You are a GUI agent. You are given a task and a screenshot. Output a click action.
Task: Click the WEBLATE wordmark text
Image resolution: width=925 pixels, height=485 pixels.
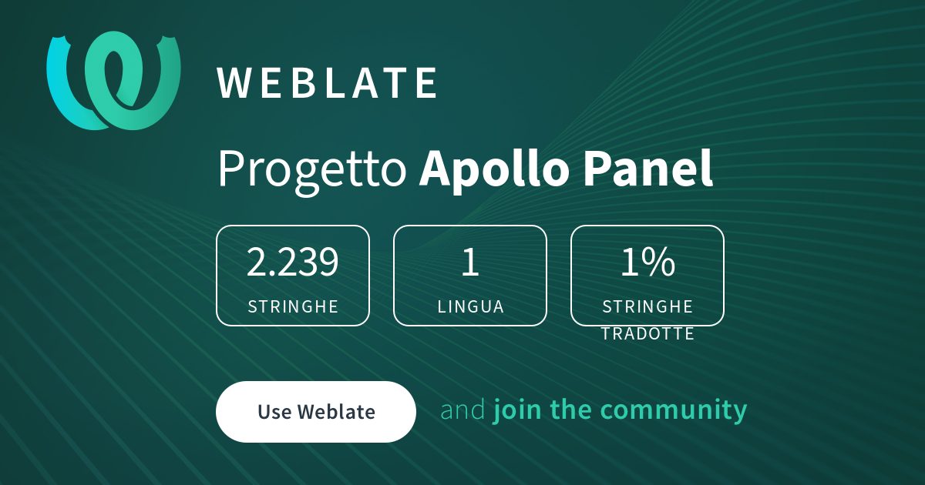pos(327,83)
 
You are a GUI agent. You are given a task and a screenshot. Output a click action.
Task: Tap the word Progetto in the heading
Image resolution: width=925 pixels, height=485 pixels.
pos(312,170)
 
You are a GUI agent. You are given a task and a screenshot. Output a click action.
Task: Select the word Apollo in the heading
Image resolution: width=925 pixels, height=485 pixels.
pos(492,170)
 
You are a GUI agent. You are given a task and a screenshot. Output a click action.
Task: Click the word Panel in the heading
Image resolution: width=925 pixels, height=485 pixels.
pos(648,168)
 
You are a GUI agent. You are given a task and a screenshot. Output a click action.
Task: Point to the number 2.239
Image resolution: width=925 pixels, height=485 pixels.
pos(292,262)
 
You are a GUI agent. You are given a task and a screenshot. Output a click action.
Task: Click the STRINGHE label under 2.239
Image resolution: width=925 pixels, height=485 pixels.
pos(293,306)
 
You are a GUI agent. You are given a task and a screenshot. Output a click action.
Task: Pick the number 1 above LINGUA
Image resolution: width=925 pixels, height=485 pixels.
pos(470,262)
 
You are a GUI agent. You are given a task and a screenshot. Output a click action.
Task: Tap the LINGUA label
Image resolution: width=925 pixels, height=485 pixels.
pos(471,306)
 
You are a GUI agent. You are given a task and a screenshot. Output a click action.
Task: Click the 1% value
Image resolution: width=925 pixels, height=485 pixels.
pos(647,262)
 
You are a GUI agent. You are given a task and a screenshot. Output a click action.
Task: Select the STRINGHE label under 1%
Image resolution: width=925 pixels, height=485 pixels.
pos(647,306)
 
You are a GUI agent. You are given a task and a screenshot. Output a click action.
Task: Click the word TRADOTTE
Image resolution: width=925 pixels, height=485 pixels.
pos(647,333)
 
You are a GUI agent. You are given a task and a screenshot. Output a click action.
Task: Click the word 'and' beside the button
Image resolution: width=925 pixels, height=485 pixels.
pos(463,410)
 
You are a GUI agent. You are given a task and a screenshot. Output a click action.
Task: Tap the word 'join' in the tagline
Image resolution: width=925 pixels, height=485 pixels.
pos(517,411)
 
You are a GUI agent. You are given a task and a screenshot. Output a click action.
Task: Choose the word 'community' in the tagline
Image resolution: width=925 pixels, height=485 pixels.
pos(674,411)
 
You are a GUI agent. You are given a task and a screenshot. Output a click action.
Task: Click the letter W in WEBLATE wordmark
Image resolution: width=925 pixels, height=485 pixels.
pos(234,83)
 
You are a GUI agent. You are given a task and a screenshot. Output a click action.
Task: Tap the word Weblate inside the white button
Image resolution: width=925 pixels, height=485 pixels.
pos(336,412)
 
